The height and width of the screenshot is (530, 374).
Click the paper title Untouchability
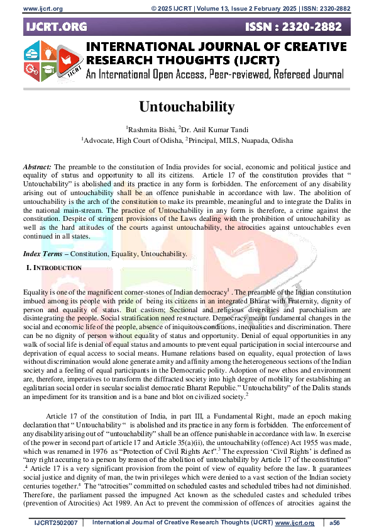pyautogui.click(x=187, y=107)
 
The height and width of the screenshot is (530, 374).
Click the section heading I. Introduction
pyautogui.click(x=53, y=268)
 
